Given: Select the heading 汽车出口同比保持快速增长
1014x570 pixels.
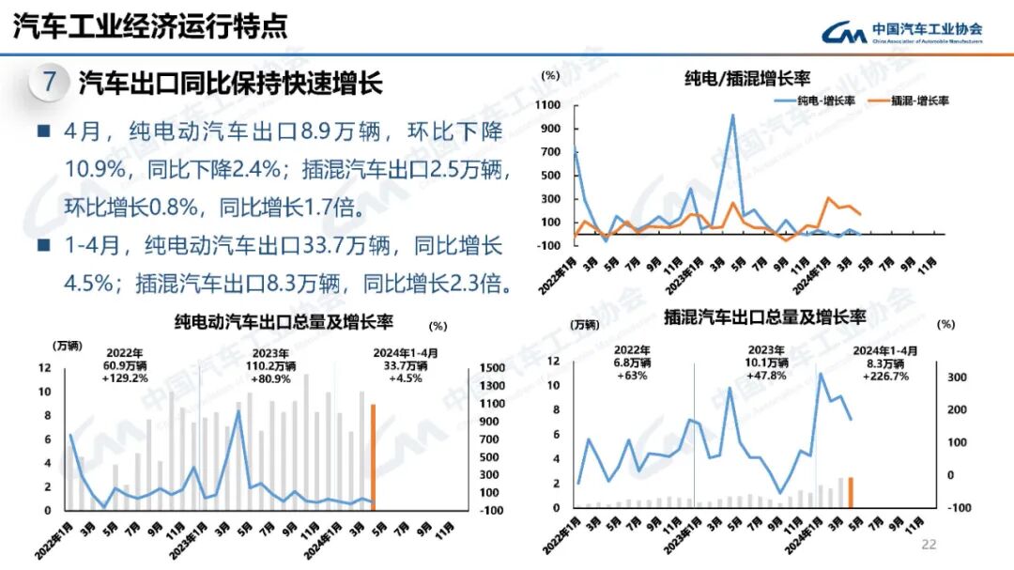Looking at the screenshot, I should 231,83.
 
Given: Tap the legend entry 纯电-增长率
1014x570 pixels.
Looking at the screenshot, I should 813,100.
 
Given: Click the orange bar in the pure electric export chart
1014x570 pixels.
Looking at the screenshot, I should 373,456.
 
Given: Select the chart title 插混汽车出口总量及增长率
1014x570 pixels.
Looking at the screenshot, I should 764,317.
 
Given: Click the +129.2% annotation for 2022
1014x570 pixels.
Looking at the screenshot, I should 125,378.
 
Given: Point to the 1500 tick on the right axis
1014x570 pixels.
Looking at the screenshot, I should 492,367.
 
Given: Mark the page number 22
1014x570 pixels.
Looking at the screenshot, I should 929,544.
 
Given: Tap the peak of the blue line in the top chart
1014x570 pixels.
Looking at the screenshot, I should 732,116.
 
